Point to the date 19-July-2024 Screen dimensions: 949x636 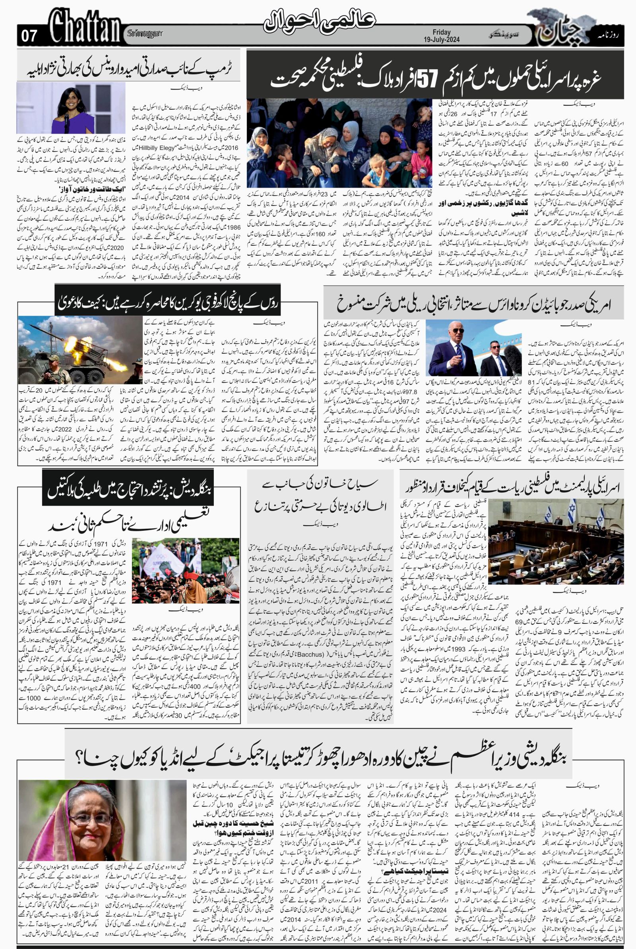pos(446,40)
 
